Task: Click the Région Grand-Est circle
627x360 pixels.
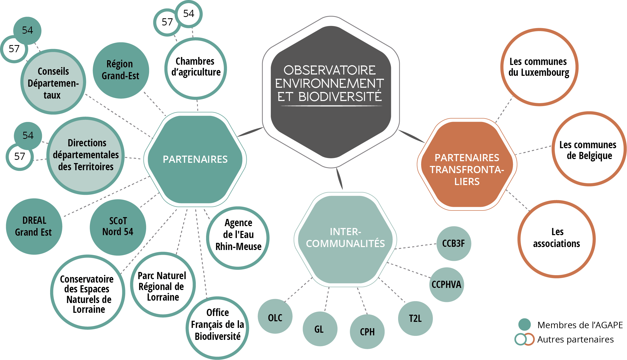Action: click(121, 70)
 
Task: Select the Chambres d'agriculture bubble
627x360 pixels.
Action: click(196, 68)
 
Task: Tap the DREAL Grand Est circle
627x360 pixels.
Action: click(34, 226)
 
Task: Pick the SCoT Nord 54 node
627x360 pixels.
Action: click(118, 227)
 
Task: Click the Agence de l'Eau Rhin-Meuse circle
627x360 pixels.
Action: click(238, 238)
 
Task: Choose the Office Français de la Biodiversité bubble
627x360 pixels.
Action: click(217, 328)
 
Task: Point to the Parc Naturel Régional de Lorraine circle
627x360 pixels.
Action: click(163, 284)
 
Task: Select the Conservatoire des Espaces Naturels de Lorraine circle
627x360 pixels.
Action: click(88, 292)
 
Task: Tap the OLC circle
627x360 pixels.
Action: click(275, 316)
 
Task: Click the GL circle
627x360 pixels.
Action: click(320, 329)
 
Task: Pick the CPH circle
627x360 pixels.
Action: click(367, 331)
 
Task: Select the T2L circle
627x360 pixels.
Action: click(415, 318)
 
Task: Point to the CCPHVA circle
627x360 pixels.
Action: click(446, 284)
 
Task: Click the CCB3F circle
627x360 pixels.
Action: click(454, 243)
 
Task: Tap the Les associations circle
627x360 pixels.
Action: click(556, 239)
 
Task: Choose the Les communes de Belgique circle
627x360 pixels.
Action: click(589, 149)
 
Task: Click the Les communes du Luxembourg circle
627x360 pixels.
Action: click(539, 67)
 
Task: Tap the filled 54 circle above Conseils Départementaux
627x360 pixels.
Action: click(27, 30)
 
